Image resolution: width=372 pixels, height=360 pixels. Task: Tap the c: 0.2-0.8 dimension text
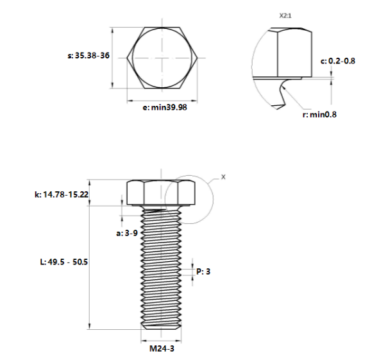tap(337, 61)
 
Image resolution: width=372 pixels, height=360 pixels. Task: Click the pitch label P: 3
tap(203, 271)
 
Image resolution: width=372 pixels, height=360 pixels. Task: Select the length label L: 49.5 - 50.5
tap(63, 262)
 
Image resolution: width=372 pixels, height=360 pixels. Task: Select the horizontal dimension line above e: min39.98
tap(164, 100)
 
